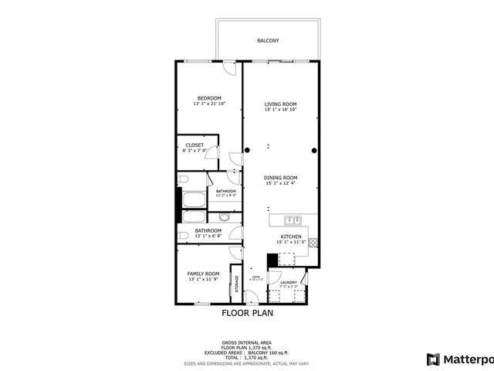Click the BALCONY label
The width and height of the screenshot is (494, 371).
point(268,40)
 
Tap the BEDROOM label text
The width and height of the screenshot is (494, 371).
point(208,97)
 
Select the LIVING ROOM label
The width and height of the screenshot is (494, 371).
point(281,104)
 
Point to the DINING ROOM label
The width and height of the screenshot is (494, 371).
point(281,177)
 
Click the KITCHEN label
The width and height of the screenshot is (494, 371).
point(291,236)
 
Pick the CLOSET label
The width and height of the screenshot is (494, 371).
point(195,145)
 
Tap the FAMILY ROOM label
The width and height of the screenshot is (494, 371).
point(204,274)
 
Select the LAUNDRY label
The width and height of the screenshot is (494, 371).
point(289,282)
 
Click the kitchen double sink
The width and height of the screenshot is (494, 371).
point(291,220)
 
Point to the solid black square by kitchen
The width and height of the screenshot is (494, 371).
point(272,260)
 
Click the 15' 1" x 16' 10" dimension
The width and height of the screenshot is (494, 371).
point(281,110)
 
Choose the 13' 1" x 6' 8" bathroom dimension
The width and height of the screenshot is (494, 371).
point(208,237)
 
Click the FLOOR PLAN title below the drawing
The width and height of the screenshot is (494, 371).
point(247,314)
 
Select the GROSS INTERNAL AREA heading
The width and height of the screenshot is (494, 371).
point(247,341)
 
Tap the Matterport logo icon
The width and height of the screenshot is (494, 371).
point(433,359)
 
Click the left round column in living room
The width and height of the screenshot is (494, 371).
point(247,150)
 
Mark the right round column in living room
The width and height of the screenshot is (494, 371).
point(314,150)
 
